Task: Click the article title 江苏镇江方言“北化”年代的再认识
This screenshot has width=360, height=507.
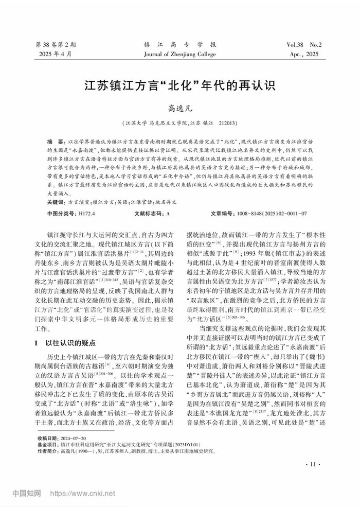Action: [x=179, y=84]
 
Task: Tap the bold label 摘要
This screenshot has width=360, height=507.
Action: [x=52, y=141]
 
